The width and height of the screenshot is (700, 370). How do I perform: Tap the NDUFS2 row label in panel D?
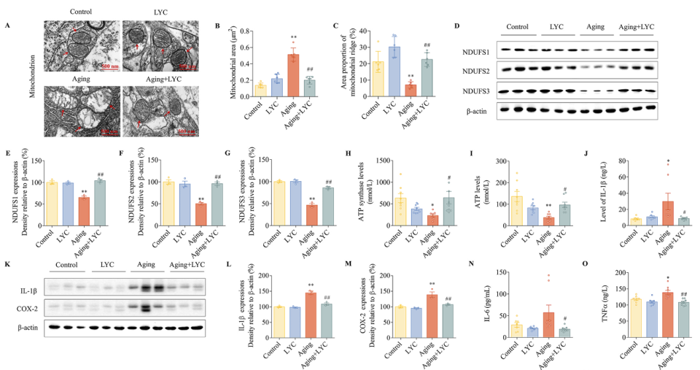(x=478, y=71)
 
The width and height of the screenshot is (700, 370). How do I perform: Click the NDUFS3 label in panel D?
(x=478, y=91)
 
